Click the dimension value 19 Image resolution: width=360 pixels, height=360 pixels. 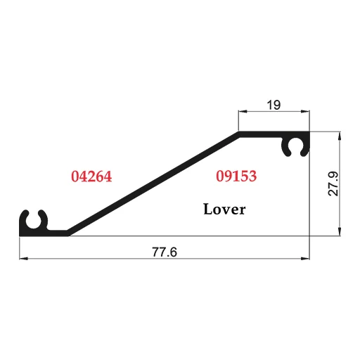pyautogui.click(x=274, y=105)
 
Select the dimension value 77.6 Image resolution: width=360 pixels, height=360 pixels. pyautogui.click(x=165, y=252)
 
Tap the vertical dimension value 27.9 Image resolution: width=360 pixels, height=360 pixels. pyautogui.click(x=333, y=184)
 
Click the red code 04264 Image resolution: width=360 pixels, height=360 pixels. pyautogui.click(x=91, y=176)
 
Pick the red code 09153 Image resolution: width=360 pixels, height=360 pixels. pyautogui.click(x=236, y=176)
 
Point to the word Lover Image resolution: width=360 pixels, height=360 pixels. pyautogui.click(x=224, y=209)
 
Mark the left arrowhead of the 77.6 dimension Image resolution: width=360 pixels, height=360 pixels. pyautogui.click(x=23, y=259)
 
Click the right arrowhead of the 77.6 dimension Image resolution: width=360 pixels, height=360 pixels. pyautogui.click(x=305, y=259)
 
